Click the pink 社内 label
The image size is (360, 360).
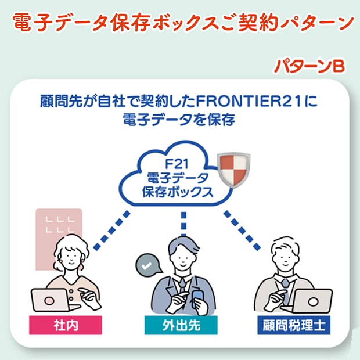[x=66, y=325]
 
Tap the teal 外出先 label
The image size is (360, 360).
[x=181, y=325]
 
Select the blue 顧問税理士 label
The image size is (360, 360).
[x=294, y=325]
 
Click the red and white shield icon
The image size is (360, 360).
[x=233, y=170]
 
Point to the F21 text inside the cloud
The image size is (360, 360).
[x=177, y=164]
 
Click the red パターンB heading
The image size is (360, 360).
[x=309, y=66]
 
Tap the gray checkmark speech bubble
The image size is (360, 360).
[x=148, y=265]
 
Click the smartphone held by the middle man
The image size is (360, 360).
[x=198, y=300]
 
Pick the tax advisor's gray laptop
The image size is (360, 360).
[x=312, y=301]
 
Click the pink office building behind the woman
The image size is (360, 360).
[x=59, y=239]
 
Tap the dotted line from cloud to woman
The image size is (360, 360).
[x=111, y=231]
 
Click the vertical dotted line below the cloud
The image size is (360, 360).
[x=183, y=224]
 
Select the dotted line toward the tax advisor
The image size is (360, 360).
[x=242, y=231]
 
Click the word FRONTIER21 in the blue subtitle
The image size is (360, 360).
[x=249, y=101]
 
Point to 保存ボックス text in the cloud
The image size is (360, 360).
[x=178, y=192]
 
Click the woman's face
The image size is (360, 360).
[x=71, y=257]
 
